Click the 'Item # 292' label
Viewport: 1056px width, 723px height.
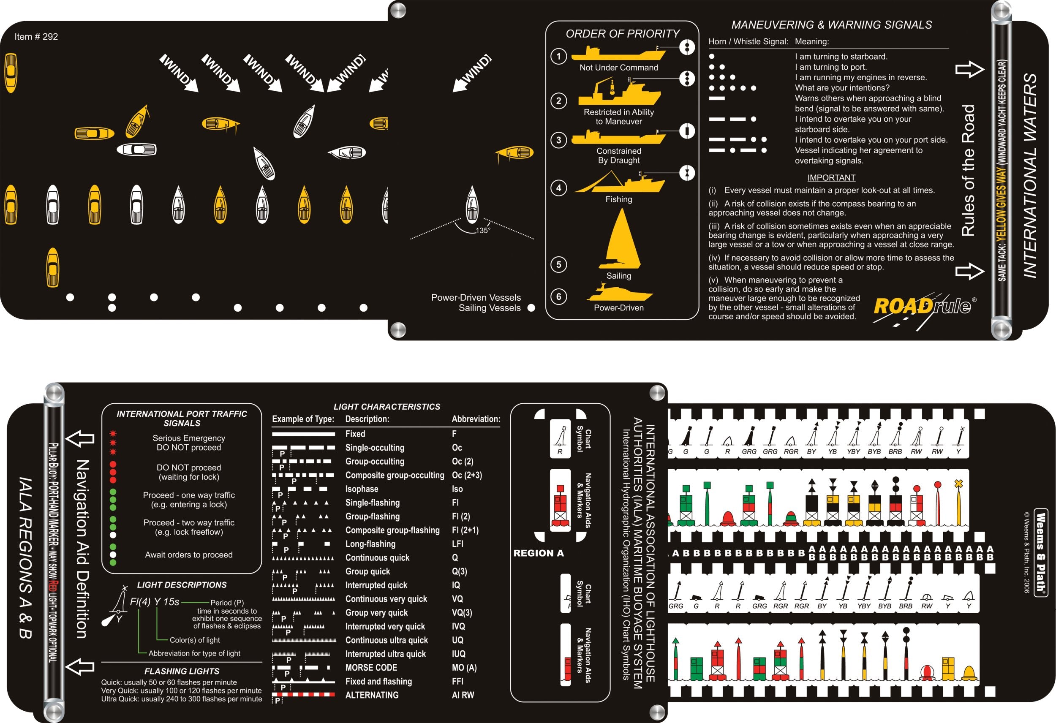[36, 37]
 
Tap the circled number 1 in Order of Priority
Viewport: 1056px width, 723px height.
[558, 56]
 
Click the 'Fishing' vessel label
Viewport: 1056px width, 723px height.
[618, 199]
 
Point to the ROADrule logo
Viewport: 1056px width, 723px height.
[923, 307]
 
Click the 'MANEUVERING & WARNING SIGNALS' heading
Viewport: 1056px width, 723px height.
[831, 25]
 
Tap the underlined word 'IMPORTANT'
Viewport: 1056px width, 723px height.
[831, 178]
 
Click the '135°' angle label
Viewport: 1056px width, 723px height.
[482, 231]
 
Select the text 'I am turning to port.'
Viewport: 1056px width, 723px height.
[830, 67]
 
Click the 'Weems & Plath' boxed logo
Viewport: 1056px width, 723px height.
[1040, 552]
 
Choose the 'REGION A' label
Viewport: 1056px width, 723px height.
[538, 553]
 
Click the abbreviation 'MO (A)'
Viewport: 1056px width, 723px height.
[464, 668]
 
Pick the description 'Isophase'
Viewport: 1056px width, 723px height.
[362, 489]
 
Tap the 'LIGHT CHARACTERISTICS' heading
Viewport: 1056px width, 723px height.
[386, 407]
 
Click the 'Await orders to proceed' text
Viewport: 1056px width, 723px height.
[188, 555]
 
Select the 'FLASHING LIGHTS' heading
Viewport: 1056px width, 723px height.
[182, 671]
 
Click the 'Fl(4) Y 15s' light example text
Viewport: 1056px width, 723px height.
[155, 602]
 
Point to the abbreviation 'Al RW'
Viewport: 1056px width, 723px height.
[463, 695]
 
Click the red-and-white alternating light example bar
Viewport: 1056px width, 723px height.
[303, 695]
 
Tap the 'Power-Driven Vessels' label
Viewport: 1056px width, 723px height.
[476, 298]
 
